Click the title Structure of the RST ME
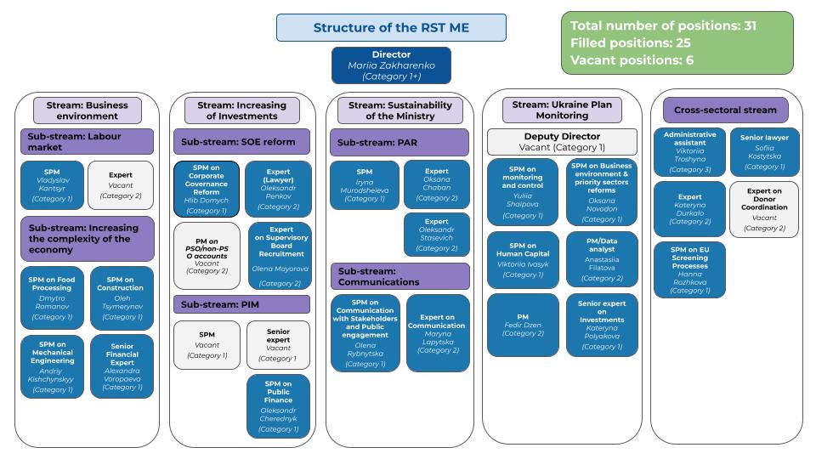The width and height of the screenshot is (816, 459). coord(390,27)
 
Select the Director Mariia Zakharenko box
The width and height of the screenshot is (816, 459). coord(391,65)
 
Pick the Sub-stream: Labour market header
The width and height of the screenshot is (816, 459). coord(87,141)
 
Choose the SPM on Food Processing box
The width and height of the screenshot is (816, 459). coord(52,297)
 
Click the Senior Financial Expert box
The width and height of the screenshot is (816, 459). coord(122,365)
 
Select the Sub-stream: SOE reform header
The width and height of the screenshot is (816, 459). coord(242,141)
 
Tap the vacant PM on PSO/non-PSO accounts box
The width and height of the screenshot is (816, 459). coord(207,255)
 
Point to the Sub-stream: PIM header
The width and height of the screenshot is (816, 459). coord(242,303)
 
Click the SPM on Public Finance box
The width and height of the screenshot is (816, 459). coord(279,406)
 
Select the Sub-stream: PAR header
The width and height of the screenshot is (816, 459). coord(399,141)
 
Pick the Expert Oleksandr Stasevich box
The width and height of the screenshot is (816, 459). coord(436,234)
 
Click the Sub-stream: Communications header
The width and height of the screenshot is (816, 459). coord(399,276)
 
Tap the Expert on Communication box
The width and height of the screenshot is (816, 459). coord(437,332)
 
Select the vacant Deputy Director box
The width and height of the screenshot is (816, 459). coord(562,141)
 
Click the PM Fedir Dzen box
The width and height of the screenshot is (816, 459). coord(523,325)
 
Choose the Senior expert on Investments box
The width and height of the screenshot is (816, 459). coord(601,325)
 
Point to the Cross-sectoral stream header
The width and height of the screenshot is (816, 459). coord(725,110)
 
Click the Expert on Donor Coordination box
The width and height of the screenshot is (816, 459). coord(764,209)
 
